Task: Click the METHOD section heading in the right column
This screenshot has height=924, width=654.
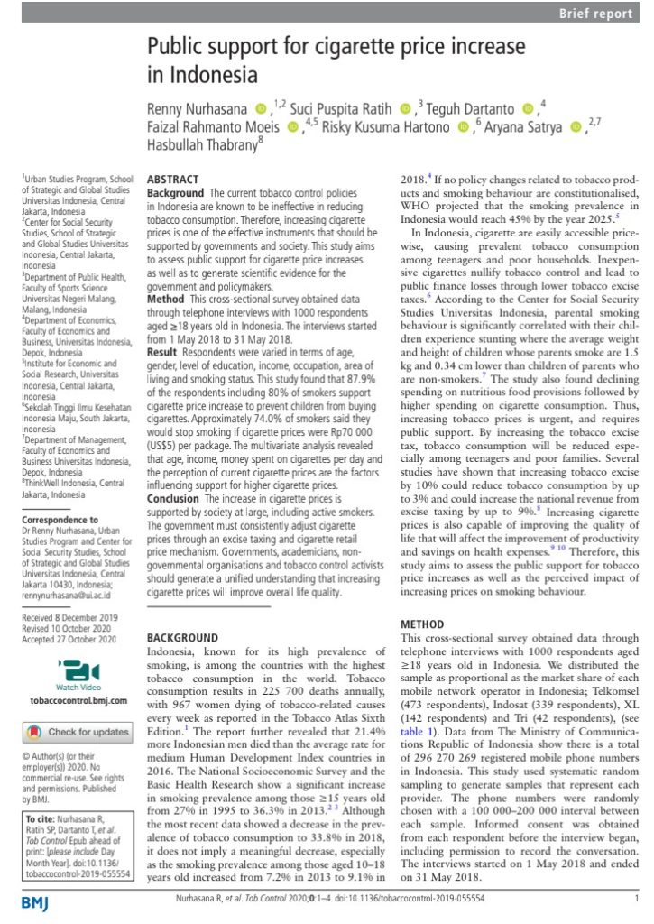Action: click(421, 624)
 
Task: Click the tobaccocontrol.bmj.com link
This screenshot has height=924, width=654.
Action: click(69, 701)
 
